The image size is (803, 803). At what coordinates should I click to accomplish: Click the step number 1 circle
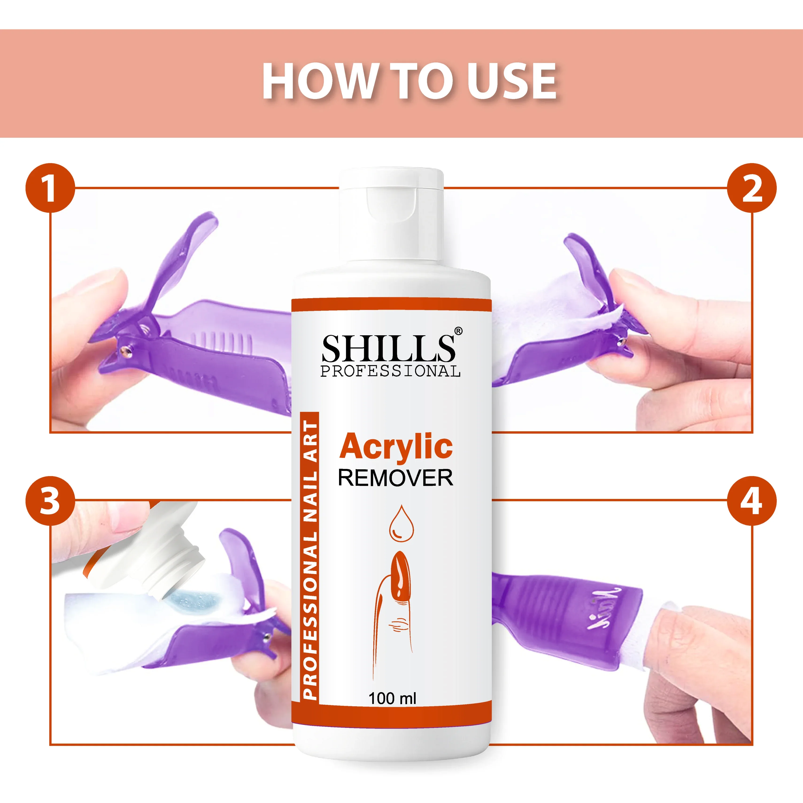pos(50,188)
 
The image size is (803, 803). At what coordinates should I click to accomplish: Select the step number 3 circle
pos(50,501)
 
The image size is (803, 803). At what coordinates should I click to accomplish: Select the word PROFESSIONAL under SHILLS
pos(390,371)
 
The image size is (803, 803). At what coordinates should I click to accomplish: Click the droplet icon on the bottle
pos(401,523)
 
